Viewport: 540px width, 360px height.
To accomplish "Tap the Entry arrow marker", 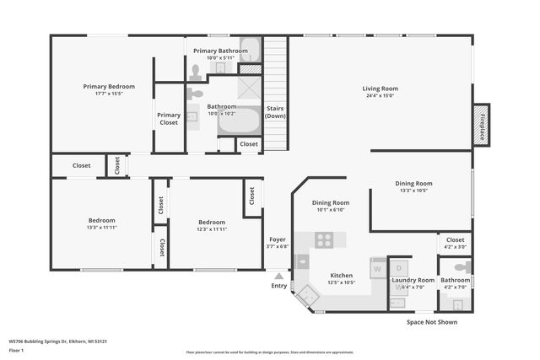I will click(x=278, y=275).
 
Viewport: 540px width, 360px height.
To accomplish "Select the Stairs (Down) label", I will click(x=276, y=112).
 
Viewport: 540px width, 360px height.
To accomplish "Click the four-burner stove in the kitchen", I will click(x=325, y=240).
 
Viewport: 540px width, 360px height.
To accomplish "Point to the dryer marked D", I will click(x=399, y=268).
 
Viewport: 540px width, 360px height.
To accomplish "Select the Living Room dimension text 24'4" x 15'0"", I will click(x=380, y=96).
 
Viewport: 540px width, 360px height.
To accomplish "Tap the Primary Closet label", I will click(x=169, y=119).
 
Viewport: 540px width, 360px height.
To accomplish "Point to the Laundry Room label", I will click(x=413, y=280).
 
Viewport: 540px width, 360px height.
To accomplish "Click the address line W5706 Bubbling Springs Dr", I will click(x=57, y=341).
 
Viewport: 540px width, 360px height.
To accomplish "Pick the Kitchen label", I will click(x=341, y=276).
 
